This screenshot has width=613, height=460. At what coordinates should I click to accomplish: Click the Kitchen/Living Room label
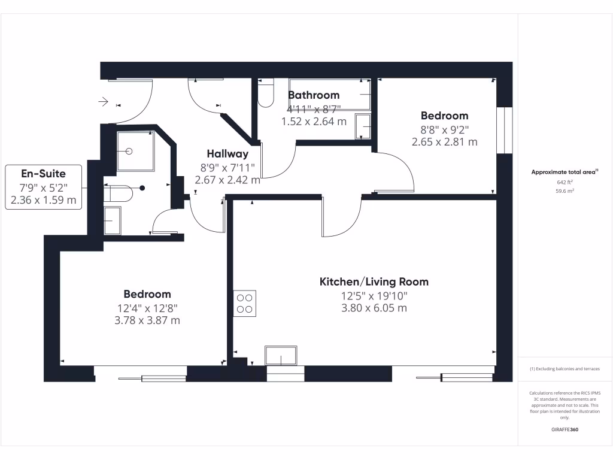[374, 282]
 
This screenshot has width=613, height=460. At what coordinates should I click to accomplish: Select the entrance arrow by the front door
[103, 102]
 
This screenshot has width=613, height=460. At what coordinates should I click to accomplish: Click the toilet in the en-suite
[119, 193]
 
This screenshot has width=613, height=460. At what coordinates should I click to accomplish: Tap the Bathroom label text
[314, 95]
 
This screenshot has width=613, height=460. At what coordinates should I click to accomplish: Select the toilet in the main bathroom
[266, 93]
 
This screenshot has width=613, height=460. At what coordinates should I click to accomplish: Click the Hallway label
[227, 154]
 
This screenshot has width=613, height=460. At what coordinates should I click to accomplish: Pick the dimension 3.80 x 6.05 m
[374, 308]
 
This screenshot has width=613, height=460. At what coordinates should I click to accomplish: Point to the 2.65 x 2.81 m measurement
[444, 142]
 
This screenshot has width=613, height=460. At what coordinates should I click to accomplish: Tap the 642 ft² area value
[565, 183]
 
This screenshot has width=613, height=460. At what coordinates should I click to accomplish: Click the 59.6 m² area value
[565, 191]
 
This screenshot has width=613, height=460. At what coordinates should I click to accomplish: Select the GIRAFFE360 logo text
[565, 429]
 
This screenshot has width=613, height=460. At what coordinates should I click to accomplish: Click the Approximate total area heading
[564, 172]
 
